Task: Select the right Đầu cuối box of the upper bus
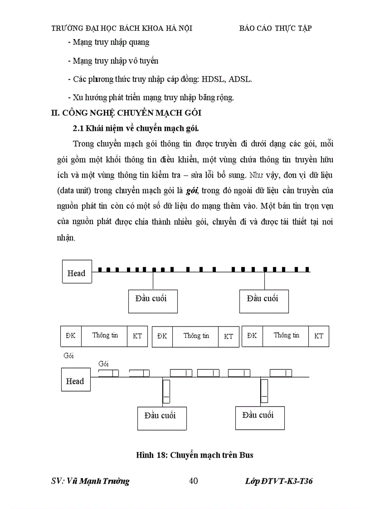pos(264,301)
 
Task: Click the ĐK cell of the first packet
pos(71,336)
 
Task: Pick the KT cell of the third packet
pos(319,336)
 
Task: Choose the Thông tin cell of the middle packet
pos(195,336)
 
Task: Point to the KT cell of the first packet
pos(137,336)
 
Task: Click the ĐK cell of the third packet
pos(252,336)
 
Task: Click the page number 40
pos(193,481)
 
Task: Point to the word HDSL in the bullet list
pos(214,79)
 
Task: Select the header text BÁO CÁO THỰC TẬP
pos(275,28)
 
